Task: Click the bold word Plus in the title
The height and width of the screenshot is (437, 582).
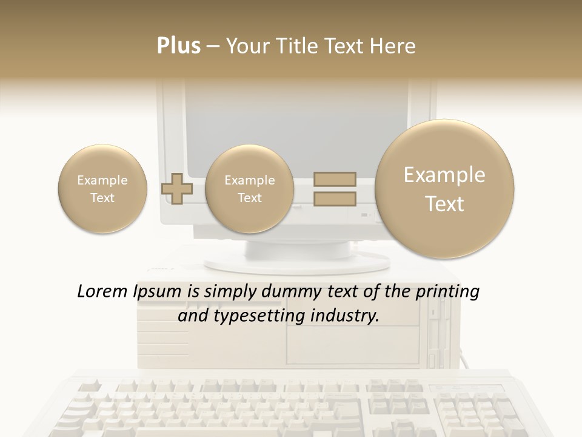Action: pyautogui.click(x=178, y=46)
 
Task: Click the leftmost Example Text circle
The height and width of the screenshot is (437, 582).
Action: pyautogui.click(x=102, y=189)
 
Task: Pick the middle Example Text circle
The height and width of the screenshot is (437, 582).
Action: pyautogui.click(x=249, y=189)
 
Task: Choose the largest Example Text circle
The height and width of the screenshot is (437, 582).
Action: pyautogui.click(x=444, y=189)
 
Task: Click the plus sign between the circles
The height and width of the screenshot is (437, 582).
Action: pyautogui.click(x=177, y=189)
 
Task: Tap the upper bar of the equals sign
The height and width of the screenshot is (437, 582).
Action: pyautogui.click(x=334, y=179)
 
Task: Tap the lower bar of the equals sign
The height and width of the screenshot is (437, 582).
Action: pyautogui.click(x=334, y=198)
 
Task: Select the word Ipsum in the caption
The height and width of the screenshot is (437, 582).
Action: pyautogui.click(x=157, y=293)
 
